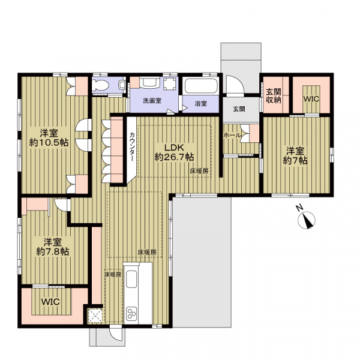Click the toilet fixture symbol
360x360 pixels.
click(101, 85)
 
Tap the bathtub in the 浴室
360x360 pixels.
click(201, 86)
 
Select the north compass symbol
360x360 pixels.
click(306, 220)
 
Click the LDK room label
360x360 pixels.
click(173, 148)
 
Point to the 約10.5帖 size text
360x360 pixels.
click(49, 143)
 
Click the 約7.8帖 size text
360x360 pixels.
click(53, 252)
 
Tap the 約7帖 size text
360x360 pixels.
click(295, 161)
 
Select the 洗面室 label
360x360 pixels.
click(152, 101)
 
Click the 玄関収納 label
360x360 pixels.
click(274, 96)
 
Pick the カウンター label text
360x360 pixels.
click(132, 147)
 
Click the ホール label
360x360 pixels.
click(232, 135)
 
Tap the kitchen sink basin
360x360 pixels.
click(131, 279)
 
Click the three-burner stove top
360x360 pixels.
click(131, 313)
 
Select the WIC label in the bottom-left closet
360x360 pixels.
click(50, 302)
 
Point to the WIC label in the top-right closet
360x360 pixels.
click(311, 99)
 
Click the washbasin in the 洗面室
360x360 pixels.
click(149, 83)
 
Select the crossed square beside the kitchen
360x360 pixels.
click(95, 316)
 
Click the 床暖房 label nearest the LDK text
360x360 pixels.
click(199, 171)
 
